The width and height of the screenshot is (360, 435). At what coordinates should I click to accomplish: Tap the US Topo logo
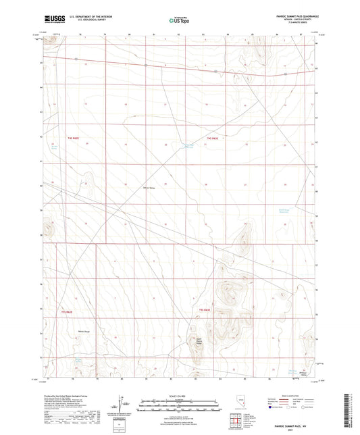tap(178, 20)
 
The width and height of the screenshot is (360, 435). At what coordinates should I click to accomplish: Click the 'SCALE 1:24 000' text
tap(180, 396)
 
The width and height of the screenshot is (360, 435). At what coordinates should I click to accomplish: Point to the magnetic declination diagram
tap(121, 404)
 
